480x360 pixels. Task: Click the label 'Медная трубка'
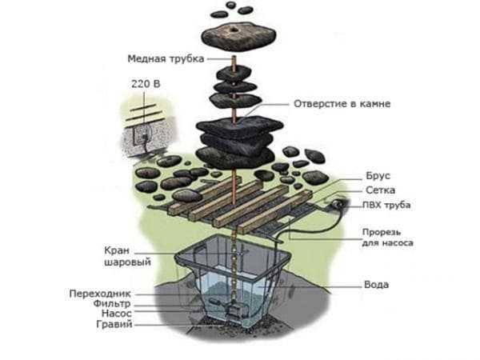point(166,59)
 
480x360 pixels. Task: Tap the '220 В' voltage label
point(142,82)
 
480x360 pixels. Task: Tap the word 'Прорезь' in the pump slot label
point(374,230)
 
